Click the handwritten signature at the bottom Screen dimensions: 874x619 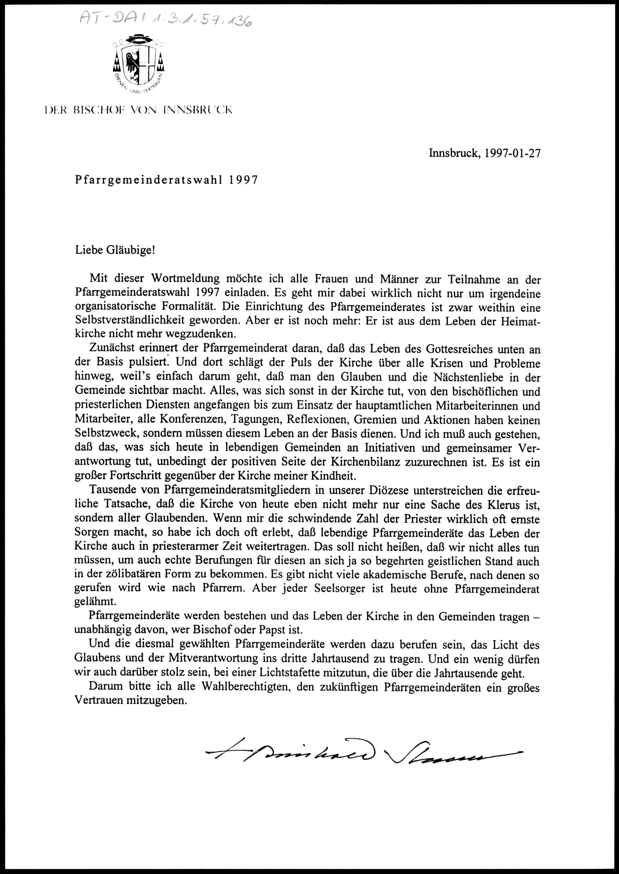[362, 751]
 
